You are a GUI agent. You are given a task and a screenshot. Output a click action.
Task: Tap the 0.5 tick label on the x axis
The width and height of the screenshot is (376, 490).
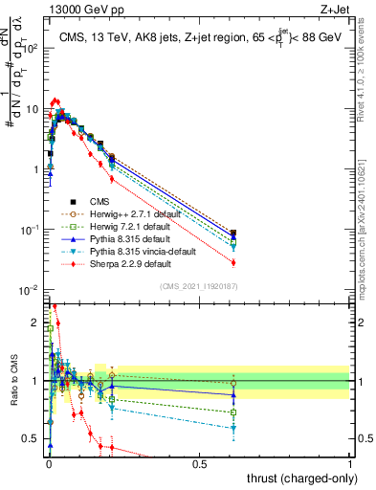[x=199, y=463]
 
